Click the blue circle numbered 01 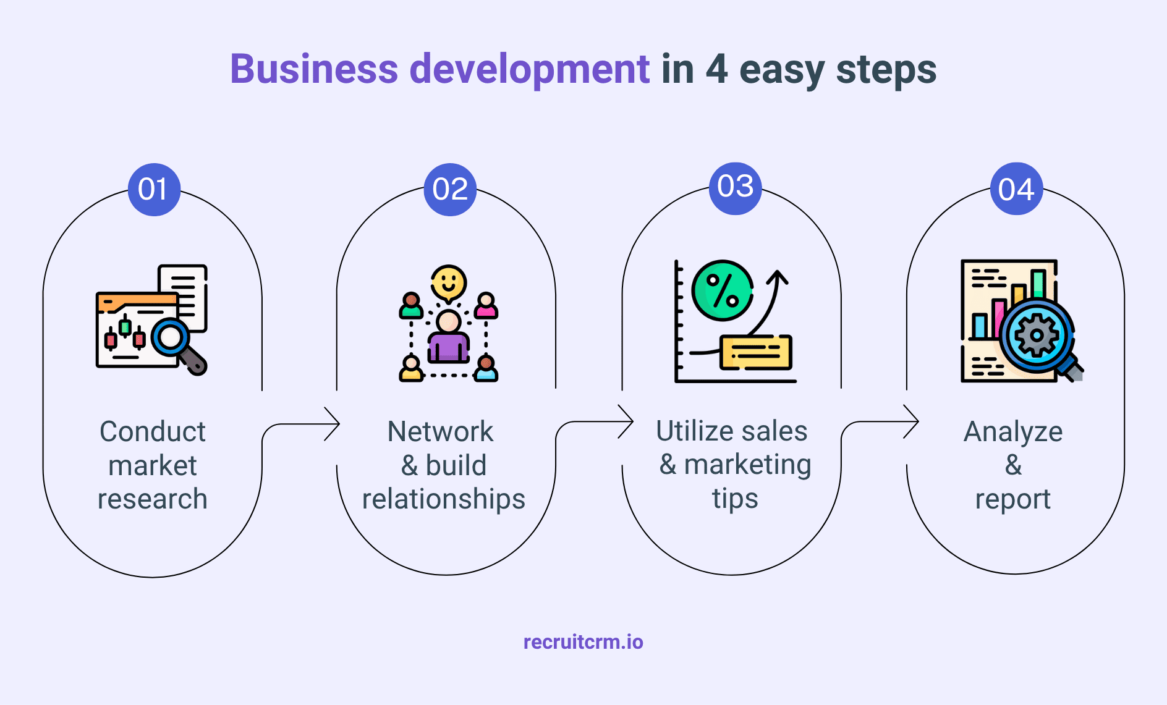(x=154, y=190)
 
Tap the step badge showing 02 (x=450, y=190)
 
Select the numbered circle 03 (x=735, y=188)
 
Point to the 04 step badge (x=1016, y=189)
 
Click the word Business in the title (x=314, y=69)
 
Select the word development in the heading (x=529, y=70)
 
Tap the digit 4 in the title (x=716, y=69)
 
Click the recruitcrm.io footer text (x=583, y=642)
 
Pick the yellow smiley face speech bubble (x=449, y=283)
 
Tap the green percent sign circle (x=723, y=290)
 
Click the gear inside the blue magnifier (x=1037, y=336)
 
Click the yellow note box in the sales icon (x=756, y=352)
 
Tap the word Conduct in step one (x=153, y=431)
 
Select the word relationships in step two (x=443, y=499)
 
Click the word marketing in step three (x=747, y=465)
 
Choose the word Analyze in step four (x=1013, y=432)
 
